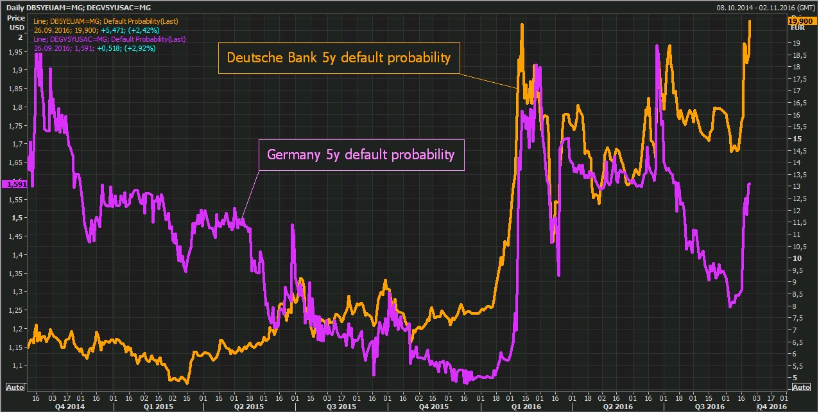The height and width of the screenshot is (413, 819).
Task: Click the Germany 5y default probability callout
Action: point(361,155)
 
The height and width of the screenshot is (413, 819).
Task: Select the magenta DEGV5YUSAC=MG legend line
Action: point(89,39)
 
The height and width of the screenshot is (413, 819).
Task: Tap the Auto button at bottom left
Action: point(15,387)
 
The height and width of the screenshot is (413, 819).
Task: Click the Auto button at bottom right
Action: point(801,387)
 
